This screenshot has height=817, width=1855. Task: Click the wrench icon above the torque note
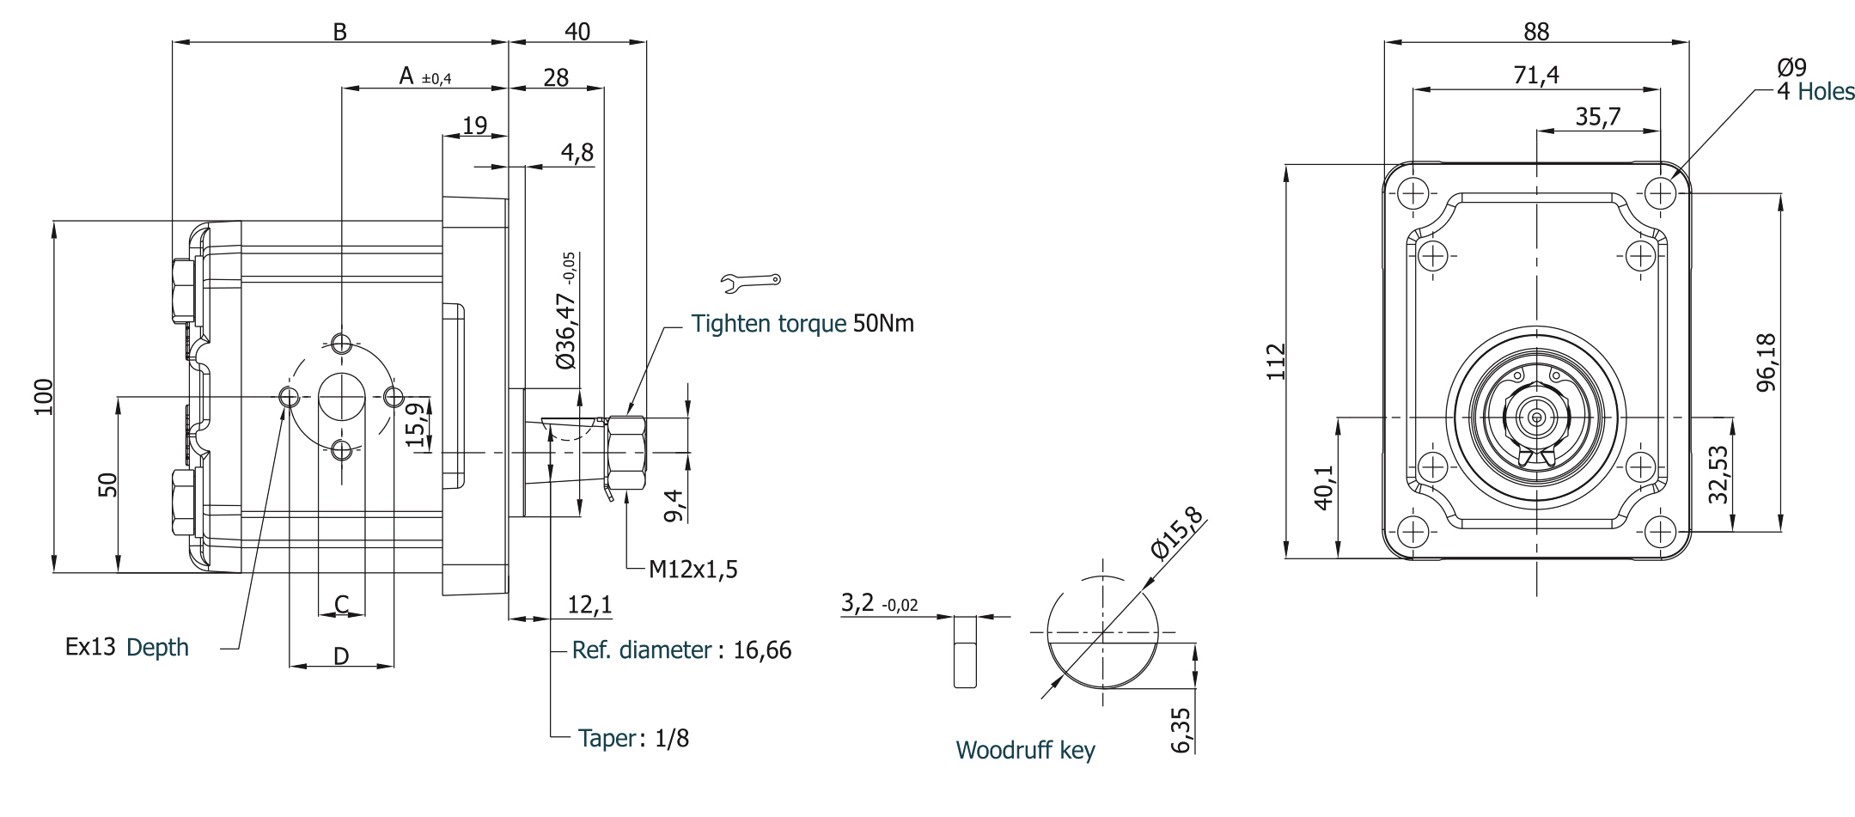(x=751, y=280)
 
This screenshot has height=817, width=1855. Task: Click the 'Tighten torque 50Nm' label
(x=802, y=324)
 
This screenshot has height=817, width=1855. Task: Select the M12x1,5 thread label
(x=693, y=570)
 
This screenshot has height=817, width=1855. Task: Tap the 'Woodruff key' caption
(x=1025, y=750)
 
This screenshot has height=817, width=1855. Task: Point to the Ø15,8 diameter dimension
(x=1176, y=534)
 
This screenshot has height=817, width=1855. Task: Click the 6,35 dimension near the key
(x=1181, y=729)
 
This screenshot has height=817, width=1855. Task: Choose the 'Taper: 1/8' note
(x=633, y=738)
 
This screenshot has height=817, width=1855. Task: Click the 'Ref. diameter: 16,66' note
(x=681, y=650)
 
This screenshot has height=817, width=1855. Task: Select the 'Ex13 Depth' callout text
(x=127, y=647)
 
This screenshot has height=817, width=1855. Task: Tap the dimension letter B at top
(x=340, y=32)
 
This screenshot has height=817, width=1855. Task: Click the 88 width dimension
(x=1536, y=32)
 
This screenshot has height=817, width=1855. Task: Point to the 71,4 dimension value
(x=1536, y=76)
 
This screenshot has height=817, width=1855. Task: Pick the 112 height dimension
(x=1276, y=361)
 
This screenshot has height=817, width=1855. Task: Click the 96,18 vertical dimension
(x=1767, y=362)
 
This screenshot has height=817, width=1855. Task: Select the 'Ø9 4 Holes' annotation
(x=1815, y=80)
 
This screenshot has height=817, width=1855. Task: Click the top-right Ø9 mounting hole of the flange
(x=1661, y=192)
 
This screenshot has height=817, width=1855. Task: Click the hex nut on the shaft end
(x=626, y=453)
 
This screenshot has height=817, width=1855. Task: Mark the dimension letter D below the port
(x=341, y=656)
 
